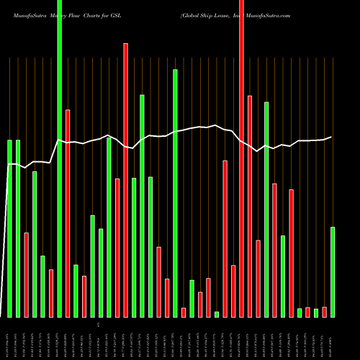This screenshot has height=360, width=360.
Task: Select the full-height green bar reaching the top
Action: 59,158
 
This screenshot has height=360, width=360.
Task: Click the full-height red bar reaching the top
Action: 241,158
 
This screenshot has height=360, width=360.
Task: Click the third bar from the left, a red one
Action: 26,275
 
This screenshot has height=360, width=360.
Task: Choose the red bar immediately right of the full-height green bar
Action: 68,213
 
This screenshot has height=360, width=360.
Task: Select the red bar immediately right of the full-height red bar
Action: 250,206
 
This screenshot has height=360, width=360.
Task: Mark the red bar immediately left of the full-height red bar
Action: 233,291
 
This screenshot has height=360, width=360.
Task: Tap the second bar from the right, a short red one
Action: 324,312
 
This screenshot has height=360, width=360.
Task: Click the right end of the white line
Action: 331,137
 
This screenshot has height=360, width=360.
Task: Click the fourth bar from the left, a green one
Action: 35,244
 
